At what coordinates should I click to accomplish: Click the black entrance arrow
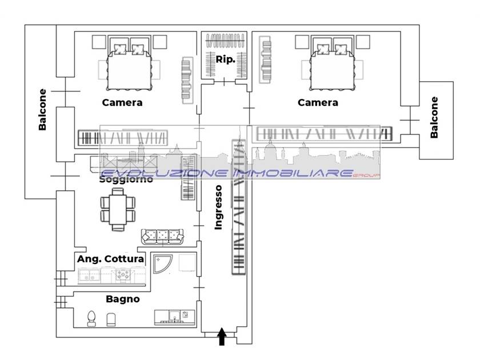click(222, 337)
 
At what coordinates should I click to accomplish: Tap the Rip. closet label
click(226, 59)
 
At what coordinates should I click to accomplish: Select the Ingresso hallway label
click(218, 207)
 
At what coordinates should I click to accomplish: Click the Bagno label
click(123, 299)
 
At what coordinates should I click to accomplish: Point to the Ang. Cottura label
click(110, 259)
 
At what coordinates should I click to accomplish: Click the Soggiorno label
click(126, 179)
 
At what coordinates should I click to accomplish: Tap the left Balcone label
click(42, 110)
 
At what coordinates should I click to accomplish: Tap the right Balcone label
click(434, 117)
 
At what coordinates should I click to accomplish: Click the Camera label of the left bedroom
click(122, 102)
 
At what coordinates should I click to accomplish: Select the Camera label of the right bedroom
click(318, 102)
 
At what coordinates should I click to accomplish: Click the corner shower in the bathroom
click(162, 263)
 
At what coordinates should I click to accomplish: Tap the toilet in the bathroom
click(91, 319)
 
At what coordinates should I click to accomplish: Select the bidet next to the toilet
click(111, 319)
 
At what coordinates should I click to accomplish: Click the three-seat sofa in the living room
click(162, 237)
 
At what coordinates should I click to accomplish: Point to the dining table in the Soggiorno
click(118, 209)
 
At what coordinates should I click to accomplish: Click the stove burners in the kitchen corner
click(123, 275)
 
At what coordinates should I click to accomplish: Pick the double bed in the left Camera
click(129, 67)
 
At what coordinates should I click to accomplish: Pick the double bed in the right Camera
click(332, 67)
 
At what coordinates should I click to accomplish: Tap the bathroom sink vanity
click(174, 317)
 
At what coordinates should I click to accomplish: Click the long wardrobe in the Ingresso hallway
click(239, 207)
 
